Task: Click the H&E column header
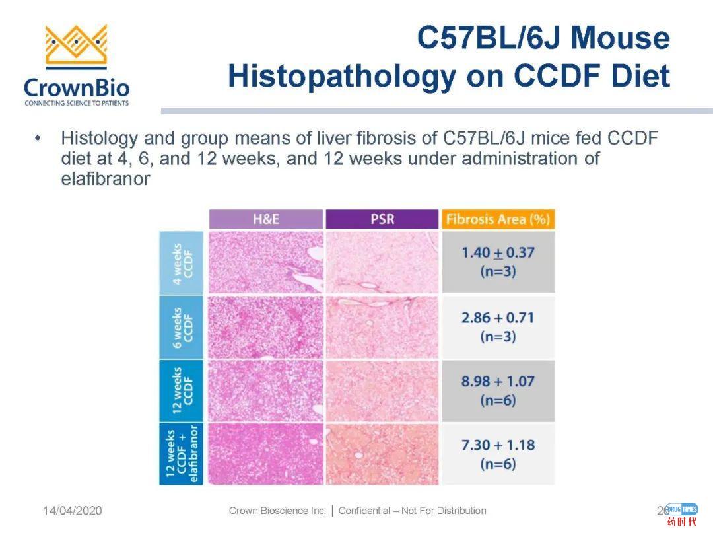(x=266, y=219)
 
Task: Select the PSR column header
(x=382, y=219)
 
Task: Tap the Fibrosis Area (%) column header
(x=498, y=219)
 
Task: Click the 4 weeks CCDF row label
(x=182, y=262)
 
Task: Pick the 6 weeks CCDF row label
(x=182, y=326)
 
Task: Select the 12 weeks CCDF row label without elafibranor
(x=182, y=390)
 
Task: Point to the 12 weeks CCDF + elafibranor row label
(x=182, y=454)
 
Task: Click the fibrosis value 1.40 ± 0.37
(x=498, y=253)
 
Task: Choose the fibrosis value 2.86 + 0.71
(x=498, y=318)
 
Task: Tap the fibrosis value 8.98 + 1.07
(x=498, y=382)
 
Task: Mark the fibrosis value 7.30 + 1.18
(x=498, y=445)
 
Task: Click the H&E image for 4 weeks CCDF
(x=266, y=262)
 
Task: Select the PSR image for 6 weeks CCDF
(x=382, y=326)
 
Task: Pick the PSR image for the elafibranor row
(x=382, y=454)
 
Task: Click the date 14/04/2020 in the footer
(x=73, y=511)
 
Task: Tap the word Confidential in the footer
(x=364, y=511)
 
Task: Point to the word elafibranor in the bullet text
(x=105, y=179)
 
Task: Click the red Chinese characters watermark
(x=681, y=522)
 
